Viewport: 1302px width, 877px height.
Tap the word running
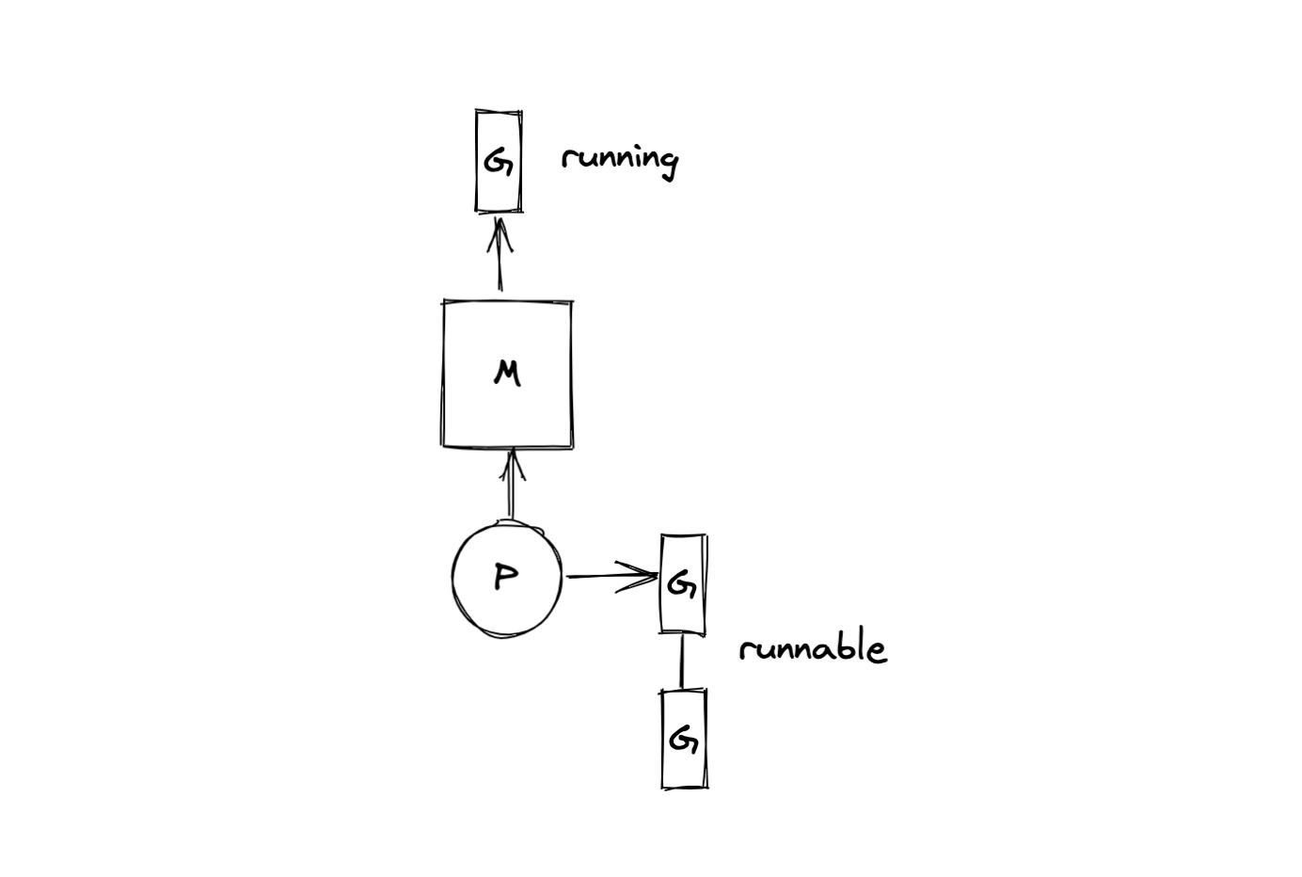[x=619, y=158]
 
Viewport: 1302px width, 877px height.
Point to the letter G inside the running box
[x=498, y=162]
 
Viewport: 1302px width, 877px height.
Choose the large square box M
[x=507, y=414]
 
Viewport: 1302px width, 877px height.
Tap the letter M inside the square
[x=506, y=374]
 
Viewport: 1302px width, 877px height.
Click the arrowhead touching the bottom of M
[x=512, y=462]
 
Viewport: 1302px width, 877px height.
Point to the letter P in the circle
[x=505, y=576]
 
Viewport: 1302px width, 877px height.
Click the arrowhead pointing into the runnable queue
[x=640, y=577]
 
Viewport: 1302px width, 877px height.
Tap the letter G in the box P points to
[x=681, y=585]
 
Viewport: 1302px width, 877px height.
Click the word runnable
[x=812, y=648]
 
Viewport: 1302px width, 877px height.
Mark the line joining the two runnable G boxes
[x=682, y=661]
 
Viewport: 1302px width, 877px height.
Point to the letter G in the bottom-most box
[x=683, y=740]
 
